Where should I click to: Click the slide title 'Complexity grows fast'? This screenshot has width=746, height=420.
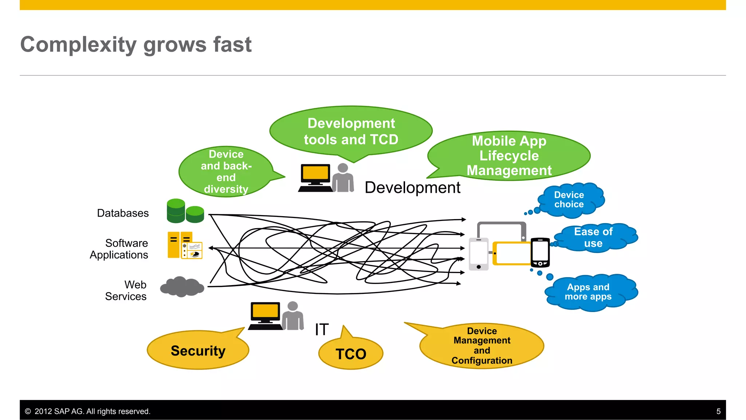pos(136,44)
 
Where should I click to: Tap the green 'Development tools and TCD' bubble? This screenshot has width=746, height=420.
pos(351,131)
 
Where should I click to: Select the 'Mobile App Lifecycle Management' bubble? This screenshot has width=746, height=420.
pos(509,156)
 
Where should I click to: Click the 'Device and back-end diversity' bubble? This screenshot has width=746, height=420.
pos(226,171)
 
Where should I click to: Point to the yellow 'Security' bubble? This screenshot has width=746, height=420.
pos(198,350)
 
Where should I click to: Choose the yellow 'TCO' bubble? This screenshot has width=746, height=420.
pos(351,354)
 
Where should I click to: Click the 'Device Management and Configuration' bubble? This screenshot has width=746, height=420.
pos(482,346)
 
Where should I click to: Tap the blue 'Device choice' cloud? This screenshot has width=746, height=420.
pos(569,200)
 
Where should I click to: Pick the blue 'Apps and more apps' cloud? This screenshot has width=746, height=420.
pos(588,292)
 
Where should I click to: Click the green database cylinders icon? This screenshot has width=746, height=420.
pos(185,211)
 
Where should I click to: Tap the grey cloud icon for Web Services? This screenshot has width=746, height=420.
pos(182,287)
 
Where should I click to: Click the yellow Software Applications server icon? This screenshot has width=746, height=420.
pos(185,245)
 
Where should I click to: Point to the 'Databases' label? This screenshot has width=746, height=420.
pos(123,213)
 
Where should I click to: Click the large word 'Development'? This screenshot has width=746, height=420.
pos(412,187)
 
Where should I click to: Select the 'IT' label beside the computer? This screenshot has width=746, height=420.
pos(322,330)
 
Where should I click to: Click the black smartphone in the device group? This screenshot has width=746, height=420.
pos(540,252)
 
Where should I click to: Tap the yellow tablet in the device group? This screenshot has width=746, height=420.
pos(511,253)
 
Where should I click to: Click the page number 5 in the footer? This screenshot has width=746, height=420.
pos(718,411)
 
